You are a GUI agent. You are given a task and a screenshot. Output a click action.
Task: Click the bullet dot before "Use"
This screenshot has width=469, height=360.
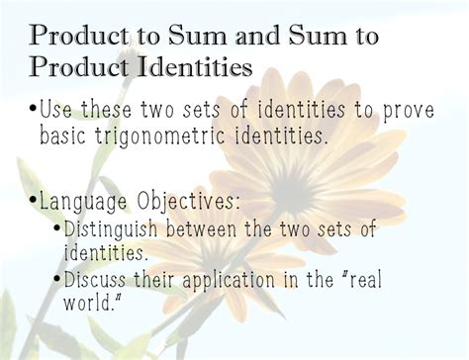pyautogui.click(x=36, y=105)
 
